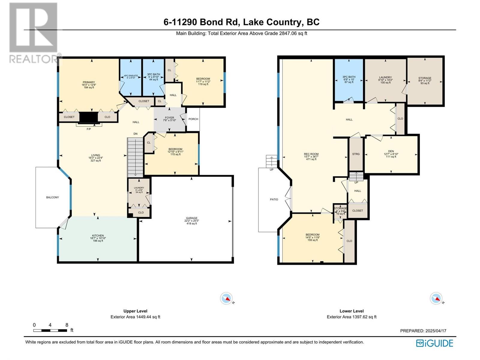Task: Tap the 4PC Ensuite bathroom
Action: coord(131,76)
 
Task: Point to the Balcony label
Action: coord(52,197)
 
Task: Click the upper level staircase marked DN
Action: coord(135,156)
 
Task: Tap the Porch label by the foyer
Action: coord(193,119)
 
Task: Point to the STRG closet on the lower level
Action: coord(356,154)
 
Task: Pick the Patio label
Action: coord(274,199)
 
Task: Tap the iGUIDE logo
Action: coord(434,343)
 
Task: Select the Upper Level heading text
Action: coord(135,311)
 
